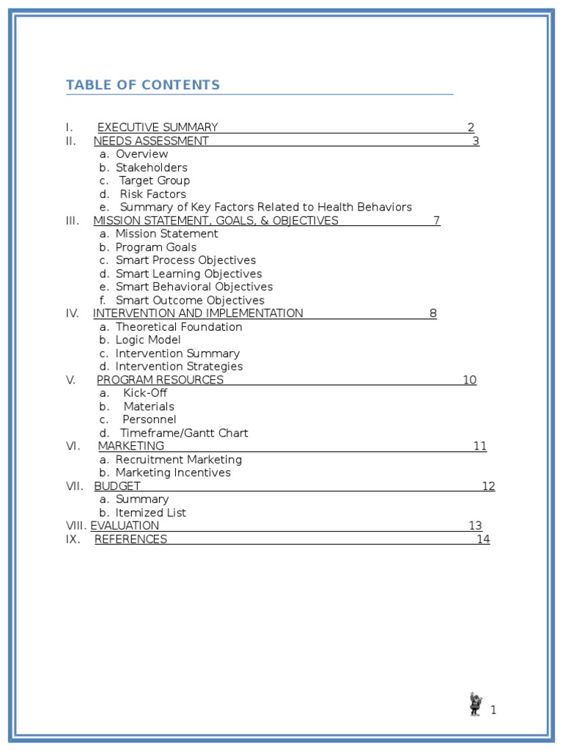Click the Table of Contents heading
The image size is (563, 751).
143,85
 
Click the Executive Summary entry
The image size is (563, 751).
158,128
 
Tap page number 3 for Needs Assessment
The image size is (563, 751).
476,141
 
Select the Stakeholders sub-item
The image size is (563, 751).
151,167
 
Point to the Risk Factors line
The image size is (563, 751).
152,194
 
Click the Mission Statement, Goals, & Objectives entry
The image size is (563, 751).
216,221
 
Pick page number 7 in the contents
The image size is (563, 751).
436,221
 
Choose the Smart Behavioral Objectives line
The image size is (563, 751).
194,287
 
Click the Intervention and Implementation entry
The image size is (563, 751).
198,313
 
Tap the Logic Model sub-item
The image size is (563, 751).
147,340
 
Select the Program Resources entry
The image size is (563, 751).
160,380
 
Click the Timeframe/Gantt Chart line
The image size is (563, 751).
184,433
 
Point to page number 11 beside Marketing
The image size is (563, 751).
479,446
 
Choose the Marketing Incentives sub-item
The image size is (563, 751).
172,473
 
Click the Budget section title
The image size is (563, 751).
117,486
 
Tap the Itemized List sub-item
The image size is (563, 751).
150,513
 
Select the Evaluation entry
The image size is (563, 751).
125,526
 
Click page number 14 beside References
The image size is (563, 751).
483,540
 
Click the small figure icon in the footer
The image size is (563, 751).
476,704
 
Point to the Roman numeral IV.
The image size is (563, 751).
72,313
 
